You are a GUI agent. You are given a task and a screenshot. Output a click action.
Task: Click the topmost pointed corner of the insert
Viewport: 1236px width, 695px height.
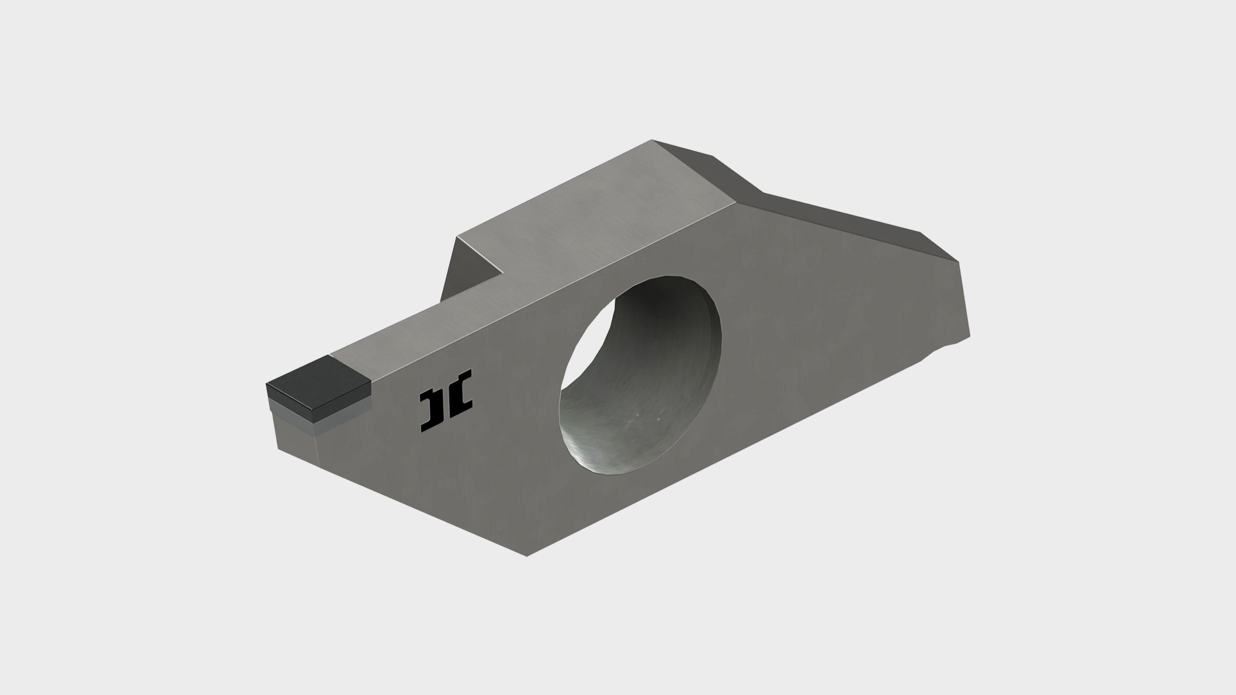pyautogui.click(x=651, y=140)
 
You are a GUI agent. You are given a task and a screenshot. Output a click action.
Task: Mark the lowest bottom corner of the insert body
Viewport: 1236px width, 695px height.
pyautogui.click(x=527, y=556)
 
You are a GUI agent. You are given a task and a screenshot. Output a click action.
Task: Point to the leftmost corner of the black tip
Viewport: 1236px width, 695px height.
pyautogui.click(x=267, y=385)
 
